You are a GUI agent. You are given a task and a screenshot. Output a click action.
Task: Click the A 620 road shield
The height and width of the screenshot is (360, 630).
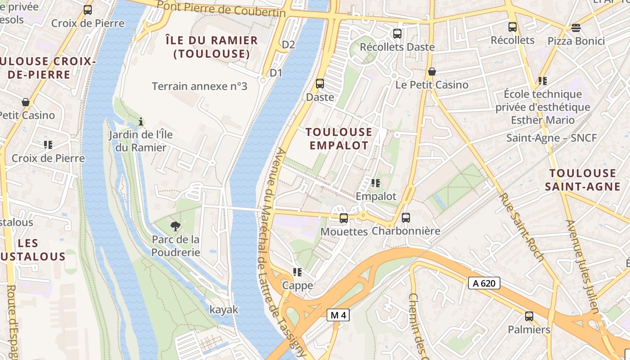coord(484,283)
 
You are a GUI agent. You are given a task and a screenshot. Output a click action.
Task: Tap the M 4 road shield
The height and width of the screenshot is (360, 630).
coord(338,315)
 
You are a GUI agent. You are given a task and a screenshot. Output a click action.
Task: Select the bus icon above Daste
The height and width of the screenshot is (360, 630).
coord(320,83)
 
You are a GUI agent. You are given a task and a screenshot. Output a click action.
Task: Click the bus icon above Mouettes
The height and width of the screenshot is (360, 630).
coord(344,218)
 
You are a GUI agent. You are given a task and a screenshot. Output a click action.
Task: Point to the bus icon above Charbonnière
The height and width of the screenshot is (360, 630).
coord(406,218)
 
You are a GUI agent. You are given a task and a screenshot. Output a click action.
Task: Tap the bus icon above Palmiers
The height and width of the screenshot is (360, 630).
coord(529,316)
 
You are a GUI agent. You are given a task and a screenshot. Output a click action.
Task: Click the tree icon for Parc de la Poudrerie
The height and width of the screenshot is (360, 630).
coord(175,226)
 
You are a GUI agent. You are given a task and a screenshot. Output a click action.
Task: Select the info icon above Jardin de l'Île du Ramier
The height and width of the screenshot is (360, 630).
coord(141,121)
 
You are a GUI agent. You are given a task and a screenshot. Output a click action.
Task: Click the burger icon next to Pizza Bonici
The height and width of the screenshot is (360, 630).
coord(576,28)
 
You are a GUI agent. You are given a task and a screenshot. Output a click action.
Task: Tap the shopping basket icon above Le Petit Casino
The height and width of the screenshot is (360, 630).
coord(432,72)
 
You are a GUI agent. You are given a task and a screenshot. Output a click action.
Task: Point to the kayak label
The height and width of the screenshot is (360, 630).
coord(224,310)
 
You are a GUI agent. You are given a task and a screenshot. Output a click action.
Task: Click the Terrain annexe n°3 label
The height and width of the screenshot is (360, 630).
coord(199,86)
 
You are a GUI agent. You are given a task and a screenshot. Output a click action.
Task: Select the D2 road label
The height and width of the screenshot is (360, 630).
coord(288,45)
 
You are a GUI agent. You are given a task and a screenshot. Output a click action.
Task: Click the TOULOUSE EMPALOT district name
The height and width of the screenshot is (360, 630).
coord(339,139)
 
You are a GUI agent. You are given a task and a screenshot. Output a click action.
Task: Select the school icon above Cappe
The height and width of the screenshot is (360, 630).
coord(297,272)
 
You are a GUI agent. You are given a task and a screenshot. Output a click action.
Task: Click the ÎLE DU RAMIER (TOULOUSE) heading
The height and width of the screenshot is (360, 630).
coord(211,47)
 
